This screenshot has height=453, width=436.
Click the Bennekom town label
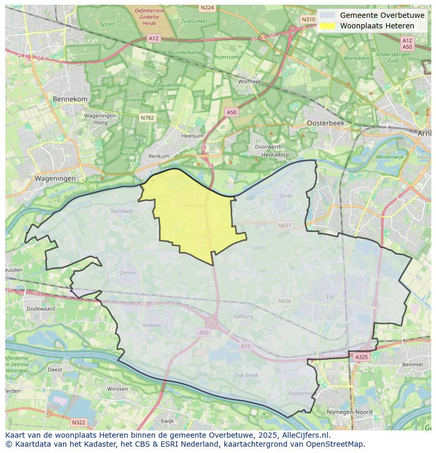click(70, 99)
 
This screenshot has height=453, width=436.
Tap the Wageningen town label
click(55, 178)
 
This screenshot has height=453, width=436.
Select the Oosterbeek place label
click(325, 123)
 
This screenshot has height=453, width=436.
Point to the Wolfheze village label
click(250, 82)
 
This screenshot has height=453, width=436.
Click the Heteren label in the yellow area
click(195, 206)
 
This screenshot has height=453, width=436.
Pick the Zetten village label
click(128, 273)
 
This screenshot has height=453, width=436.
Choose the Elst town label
click(331, 297)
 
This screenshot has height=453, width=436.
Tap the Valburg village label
click(243, 316)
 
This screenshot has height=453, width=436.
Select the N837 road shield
click(284, 225)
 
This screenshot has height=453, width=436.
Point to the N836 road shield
click(284, 301)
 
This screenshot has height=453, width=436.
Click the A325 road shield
click(361, 357)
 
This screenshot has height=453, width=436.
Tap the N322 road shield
click(78, 422)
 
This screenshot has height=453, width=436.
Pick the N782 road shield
click(147, 118)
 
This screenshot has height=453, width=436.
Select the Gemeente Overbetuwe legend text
click(382, 15)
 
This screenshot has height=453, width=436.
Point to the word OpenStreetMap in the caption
click(338, 444)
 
